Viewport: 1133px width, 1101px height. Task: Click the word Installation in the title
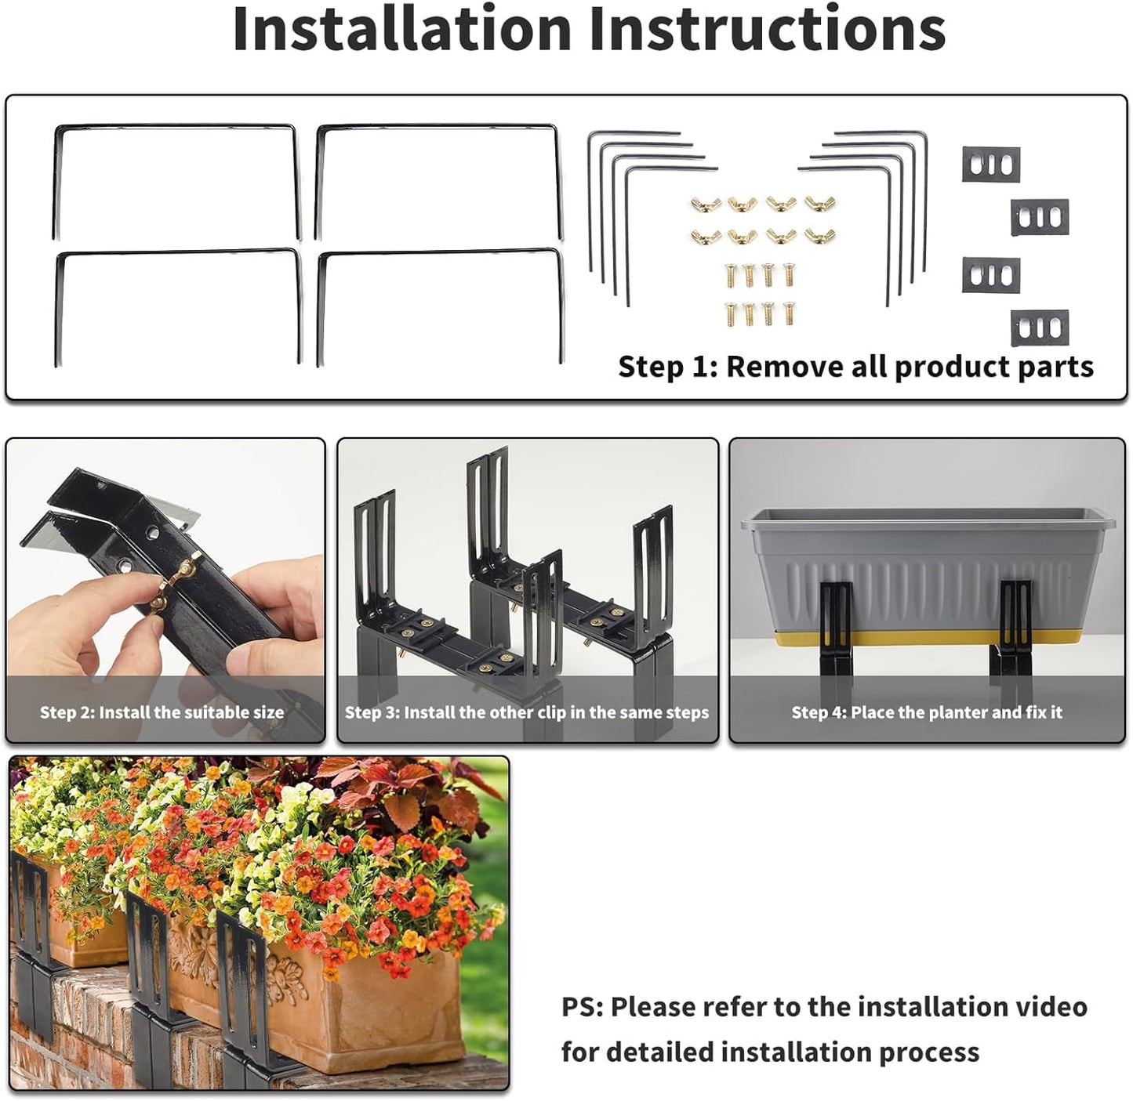(402, 28)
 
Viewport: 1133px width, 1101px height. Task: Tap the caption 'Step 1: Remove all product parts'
(855, 367)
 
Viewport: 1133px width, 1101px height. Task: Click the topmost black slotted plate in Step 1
(991, 165)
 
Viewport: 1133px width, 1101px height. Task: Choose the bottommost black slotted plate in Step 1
(1040, 328)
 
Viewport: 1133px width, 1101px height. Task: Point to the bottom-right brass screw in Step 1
(787, 313)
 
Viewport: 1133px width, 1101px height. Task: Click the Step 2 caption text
(162, 712)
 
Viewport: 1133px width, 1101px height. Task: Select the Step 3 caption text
(527, 712)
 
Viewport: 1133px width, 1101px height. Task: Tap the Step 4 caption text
(927, 712)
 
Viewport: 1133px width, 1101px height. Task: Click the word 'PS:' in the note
(582, 1007)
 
